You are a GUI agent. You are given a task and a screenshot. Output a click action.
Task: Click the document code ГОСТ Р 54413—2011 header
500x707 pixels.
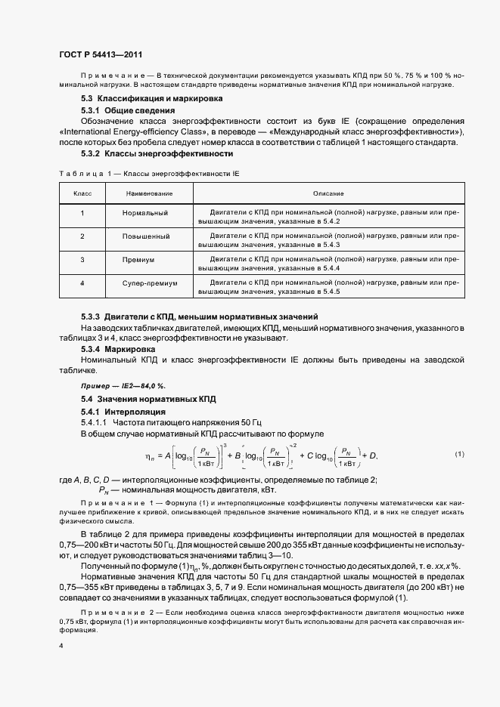coord(100,55)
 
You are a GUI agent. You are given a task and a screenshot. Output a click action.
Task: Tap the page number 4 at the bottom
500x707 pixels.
coord(60,647)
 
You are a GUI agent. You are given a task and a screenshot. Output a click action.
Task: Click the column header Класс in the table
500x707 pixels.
coord(82,194)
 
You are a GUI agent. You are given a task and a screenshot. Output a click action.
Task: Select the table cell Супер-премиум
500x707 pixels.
coord(149,283)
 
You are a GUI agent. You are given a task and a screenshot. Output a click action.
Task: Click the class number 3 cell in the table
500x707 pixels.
coord(82,260)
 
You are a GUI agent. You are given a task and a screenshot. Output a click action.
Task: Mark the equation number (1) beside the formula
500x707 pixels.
coord(459,454)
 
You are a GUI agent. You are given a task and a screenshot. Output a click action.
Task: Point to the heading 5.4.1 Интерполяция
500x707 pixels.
coord(123,411)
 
